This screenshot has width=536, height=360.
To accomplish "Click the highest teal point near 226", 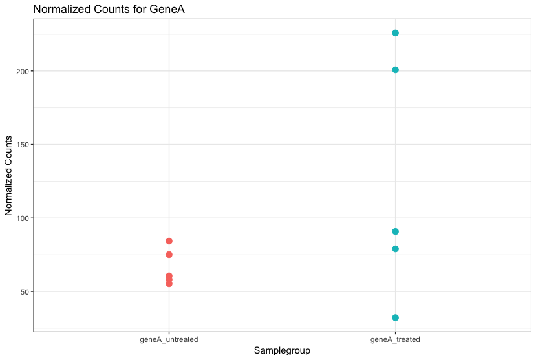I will coord(396,33).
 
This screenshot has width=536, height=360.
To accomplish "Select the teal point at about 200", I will coord(396,70).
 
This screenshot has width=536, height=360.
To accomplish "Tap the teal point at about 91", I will coord(396,231).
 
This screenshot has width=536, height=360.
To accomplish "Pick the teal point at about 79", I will coord(396,249).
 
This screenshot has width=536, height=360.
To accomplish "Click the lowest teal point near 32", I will coord(396,318).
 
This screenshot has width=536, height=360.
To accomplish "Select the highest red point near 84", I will coord(169,241).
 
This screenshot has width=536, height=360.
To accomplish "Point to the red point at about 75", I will coord(169,255).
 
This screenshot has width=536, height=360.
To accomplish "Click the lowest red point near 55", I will coord(169,284).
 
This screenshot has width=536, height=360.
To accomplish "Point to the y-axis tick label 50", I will coord(25,292).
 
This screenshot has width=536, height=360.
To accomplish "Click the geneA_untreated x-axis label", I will coord(169,339).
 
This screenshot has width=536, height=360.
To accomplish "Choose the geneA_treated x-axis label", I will coord(396,339).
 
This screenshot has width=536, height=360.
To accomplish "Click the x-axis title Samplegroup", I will coord(282,351).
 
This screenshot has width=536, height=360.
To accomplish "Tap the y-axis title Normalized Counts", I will coord(9,176).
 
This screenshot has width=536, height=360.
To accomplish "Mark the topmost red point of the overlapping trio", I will coord(169,276).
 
